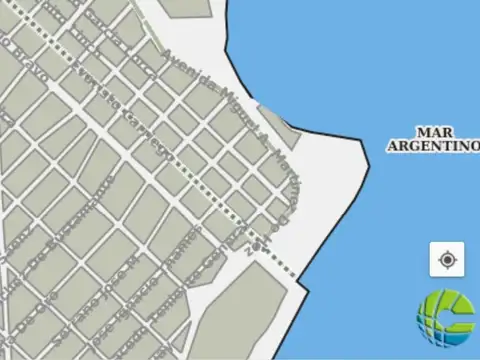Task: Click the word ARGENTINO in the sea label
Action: click(x=433, y=146)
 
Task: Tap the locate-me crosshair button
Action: click(x=447, y=259)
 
